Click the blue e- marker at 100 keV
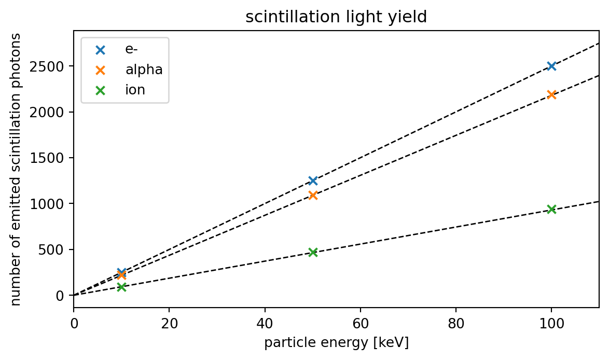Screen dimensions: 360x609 click(551, 66)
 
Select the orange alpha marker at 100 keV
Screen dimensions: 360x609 click(551, 94)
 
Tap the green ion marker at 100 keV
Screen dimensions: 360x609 click(551, 209)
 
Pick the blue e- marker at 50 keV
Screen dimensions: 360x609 click(313, 181)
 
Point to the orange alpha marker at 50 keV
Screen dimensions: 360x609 click(313, 195)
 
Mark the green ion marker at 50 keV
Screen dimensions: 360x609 click(313, 252)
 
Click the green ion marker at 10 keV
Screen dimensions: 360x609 click(121, 287)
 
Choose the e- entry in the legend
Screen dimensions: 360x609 click(131, 50)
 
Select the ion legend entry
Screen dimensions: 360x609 click(135, 90)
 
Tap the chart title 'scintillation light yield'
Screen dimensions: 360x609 click(336, 17)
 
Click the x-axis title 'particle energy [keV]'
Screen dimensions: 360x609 click(336, 343)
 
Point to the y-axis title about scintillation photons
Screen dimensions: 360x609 click(16, 169)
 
